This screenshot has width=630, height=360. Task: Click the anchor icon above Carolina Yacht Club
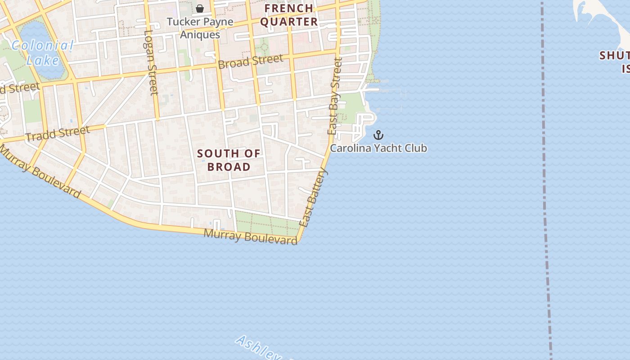pyautogui.click(x=378, y=135)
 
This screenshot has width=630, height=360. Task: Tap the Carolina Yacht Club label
pyautogui.click(x=378, y=148)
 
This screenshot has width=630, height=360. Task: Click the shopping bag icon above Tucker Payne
pyautogui.click(x=200, y=9)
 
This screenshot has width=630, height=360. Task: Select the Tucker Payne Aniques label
pyautogui.click(x=200, y=28)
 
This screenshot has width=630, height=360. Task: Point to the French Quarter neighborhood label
pyautogui.click(x=289, y=15)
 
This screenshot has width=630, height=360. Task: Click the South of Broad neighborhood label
pyautogui.click(x=229, y=160)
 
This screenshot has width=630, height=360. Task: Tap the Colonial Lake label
pyautogui.click(x=42, y=53)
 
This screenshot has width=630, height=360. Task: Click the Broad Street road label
pyautogui.click(x=251, y=61)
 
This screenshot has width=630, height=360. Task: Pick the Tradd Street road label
pyautogui.click(x=58, y=134)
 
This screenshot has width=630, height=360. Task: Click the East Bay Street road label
pyautogui.click(x=335, y=96)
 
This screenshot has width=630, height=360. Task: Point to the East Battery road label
pyautogui.click(x=313, y=198)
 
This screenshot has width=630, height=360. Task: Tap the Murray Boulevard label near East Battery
pyautogui.click(x=251, y=236)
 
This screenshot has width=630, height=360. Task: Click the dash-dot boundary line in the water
pyautogui.click(x=546, y=180)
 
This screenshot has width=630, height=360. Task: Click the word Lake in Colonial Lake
pyautogui.click(x=42, y=60)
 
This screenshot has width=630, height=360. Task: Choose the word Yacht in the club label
pyautogui.click(x=379, y=148)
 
